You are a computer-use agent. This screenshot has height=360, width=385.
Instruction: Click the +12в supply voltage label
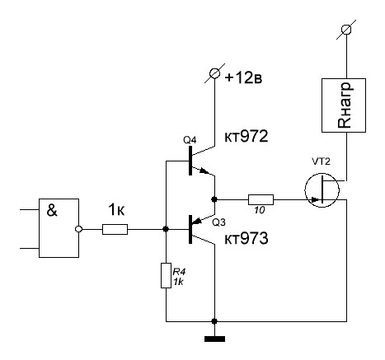(x=243, y=78)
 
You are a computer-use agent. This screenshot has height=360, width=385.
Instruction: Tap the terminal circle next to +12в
(x=214, y=73)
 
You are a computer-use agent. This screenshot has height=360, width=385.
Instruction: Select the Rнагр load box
(x=344, y=105)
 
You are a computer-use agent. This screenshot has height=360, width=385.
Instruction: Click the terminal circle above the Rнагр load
(x=346, y=29)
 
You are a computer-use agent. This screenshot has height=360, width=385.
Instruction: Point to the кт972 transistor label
(x=246, y=136)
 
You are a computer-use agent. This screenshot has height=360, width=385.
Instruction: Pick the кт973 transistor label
(x=246, y=238)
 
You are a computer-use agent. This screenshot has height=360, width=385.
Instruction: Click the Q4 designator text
(x=190, y=140)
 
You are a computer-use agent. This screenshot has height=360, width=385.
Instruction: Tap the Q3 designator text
(x=218, y=222)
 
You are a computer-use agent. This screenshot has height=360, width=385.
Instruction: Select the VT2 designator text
(x=321, y=161)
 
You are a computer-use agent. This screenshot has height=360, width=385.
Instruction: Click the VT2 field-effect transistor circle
(x=322, y=190)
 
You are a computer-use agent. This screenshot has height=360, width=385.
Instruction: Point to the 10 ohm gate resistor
(x=261, y=199)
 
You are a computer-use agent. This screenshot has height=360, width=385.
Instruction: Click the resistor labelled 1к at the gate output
(x=115, y=229)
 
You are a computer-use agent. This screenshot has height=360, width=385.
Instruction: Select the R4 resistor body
(x=166, y=275)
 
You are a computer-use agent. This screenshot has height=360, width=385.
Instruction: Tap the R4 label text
(x=179, y=272)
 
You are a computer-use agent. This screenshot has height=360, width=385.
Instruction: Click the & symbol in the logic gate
(x=52, y=211)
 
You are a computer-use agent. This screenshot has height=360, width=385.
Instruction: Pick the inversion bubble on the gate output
(x=78, y=229)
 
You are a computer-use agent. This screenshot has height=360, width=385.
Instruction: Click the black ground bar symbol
(x=214, y=339)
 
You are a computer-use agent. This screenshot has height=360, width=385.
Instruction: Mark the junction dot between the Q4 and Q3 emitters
(x=214, y=199)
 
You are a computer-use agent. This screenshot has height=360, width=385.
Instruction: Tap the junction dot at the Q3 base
(x=166, y=229)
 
